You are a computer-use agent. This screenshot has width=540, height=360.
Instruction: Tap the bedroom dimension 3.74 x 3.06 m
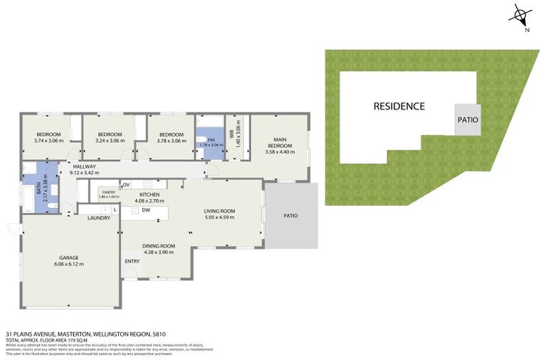49,141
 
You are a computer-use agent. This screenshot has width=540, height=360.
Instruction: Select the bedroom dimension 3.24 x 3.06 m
110,141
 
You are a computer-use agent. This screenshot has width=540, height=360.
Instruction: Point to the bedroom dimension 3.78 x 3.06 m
171,141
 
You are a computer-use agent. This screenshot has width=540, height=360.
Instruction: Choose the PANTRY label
108,192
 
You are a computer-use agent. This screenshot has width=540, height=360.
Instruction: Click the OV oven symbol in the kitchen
127,185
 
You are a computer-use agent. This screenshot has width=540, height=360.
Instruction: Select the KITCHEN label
150,195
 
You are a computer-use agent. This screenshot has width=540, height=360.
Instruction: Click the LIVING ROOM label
219,211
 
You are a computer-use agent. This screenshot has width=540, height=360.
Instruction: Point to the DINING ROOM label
158,245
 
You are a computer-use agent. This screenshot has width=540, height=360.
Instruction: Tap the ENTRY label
131,262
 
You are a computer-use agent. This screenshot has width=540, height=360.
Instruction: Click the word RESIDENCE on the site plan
399,106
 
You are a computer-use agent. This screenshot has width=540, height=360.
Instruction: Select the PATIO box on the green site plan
468,120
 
